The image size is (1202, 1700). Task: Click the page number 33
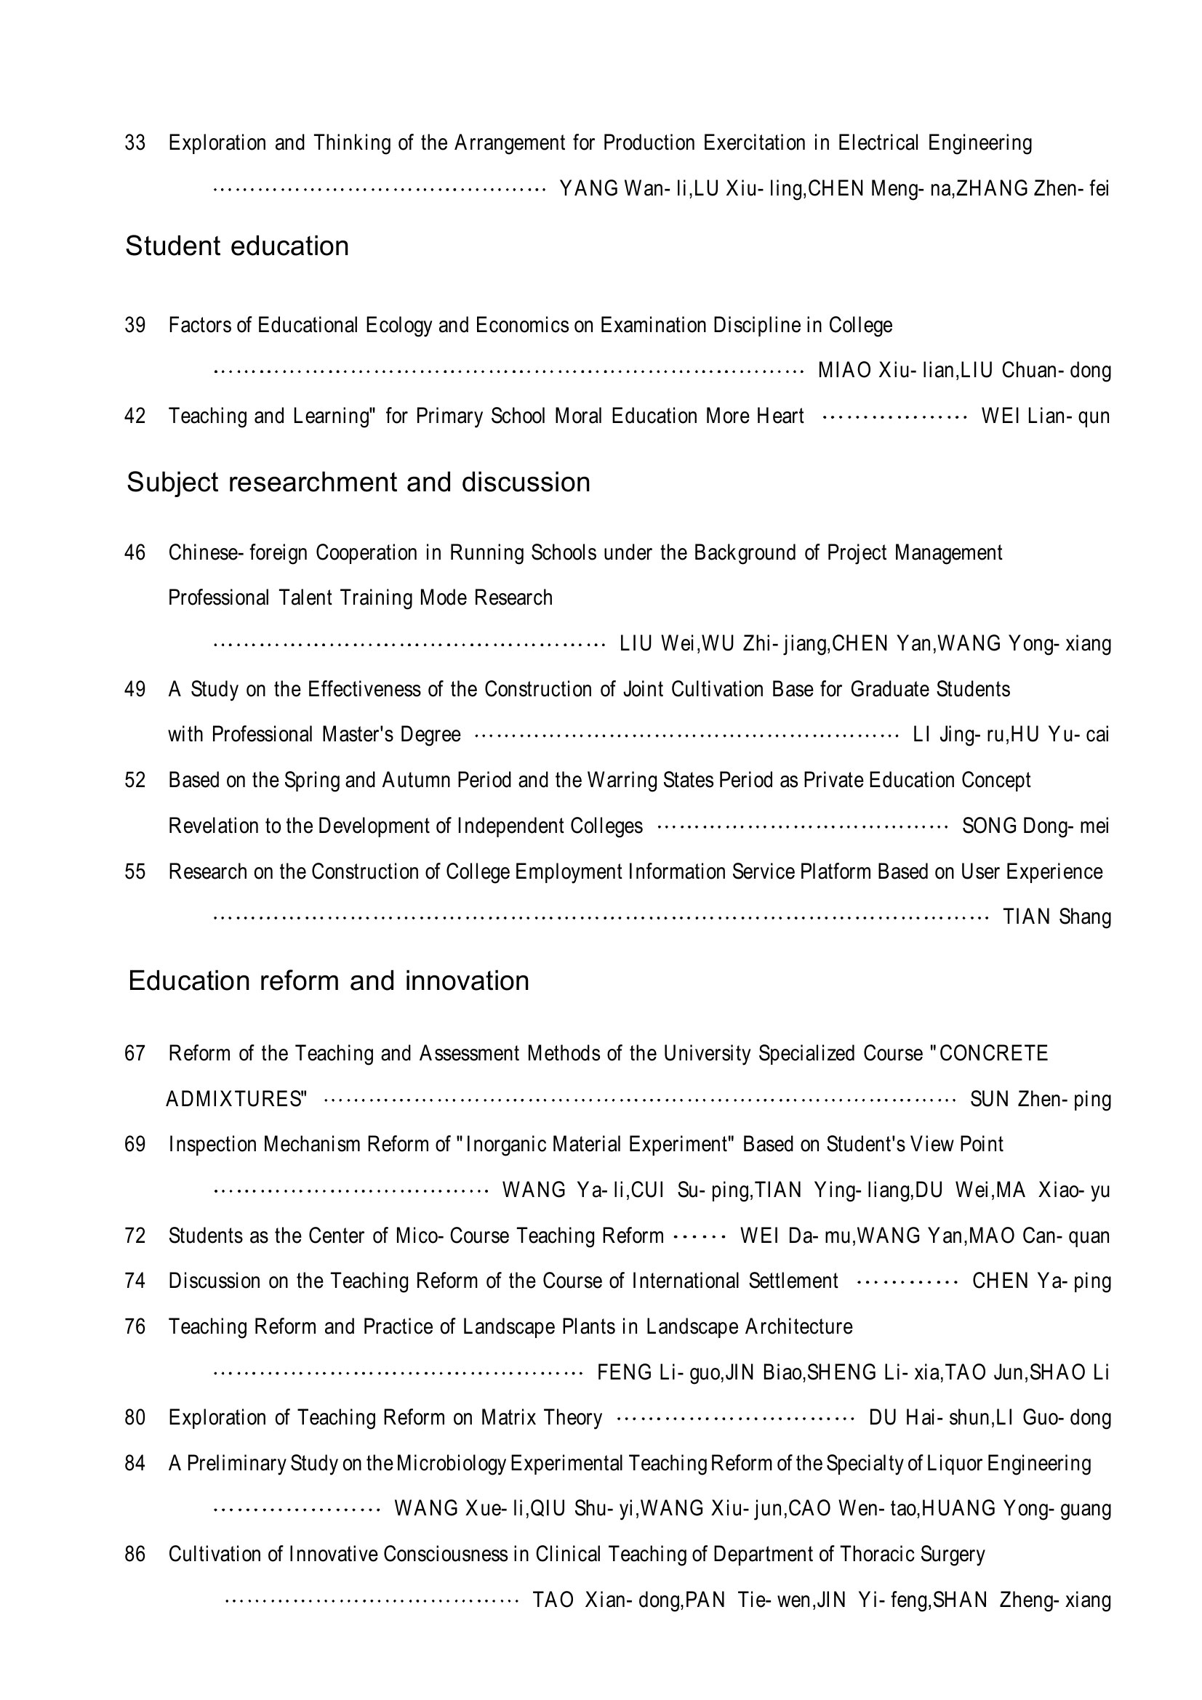[135, 142]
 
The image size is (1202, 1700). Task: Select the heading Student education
[237, 246]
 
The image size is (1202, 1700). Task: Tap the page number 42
[135, 416]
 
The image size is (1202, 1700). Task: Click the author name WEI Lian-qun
[1045, 416]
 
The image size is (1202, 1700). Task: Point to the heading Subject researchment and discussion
[358, 482]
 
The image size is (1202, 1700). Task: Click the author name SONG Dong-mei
[1035, 826]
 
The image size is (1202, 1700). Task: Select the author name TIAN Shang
[1057, 917]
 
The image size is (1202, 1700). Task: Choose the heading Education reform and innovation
[329, 980]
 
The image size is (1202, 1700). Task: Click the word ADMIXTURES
[235, 1099]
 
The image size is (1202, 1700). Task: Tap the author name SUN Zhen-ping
[1041, 1099]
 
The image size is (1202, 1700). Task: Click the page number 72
[135, 1236]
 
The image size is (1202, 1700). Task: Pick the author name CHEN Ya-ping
[1041, 1281]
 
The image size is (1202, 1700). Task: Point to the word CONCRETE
[993, 1053]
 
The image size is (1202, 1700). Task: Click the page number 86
[135, 1554]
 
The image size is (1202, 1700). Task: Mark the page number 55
[135, 871]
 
